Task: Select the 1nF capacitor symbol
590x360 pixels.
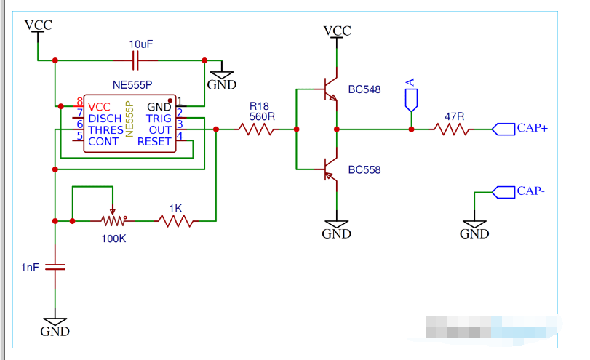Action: click(55, 267)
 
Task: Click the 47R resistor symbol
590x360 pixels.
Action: click(451, 129)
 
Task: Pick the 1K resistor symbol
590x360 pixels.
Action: click(175, 220)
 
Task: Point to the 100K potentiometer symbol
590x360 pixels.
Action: click(112, 220)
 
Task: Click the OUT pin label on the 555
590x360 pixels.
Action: click(160, 130)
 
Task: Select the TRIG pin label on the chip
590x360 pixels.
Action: click(159, 119)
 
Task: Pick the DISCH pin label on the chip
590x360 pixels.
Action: click(105, 119)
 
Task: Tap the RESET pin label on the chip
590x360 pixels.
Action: click(154, 142)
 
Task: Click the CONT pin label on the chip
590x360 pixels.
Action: click(103, 142)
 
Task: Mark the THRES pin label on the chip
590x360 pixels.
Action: click(106, 130)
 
